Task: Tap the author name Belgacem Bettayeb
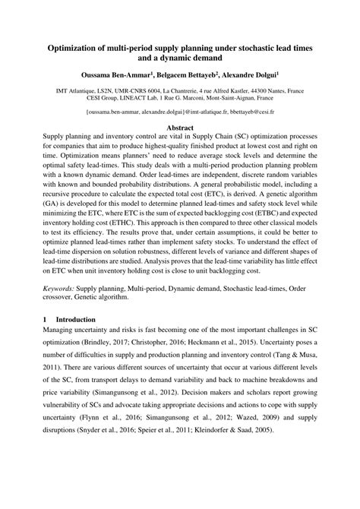(x=186, y=77)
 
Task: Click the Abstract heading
(x=180, y=128)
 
